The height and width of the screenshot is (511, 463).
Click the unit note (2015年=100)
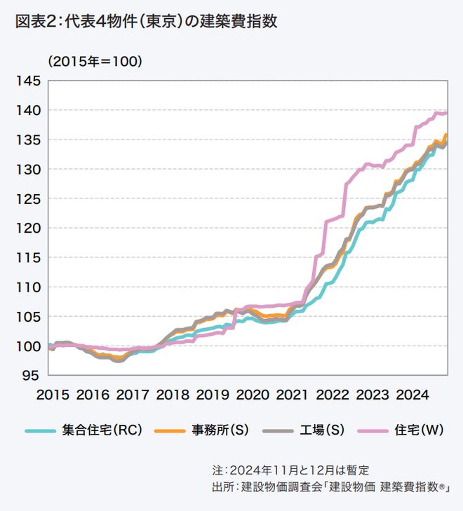pyautogui.click(x=95, y=62)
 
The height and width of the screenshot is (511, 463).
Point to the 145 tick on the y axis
pyautogui.click(x=29, y=81)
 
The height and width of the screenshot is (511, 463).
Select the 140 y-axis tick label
pyautogui.click(x=29, y=111)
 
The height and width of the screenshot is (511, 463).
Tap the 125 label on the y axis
pyautogui.click(x=29, y=199)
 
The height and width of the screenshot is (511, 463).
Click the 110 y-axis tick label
pyautogui.click(x=29, y=287)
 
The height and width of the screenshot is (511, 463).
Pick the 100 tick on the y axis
pyautogui.click(x=29, y=346)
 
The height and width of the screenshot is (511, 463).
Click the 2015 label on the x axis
pyautogui.click(x=53, y=395)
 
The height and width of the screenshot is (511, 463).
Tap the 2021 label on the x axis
pyautogui.click(x=288, y=395)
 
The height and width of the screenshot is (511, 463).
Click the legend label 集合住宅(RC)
pyautogui.click(x=102, y=430)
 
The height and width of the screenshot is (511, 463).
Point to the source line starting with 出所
pyautogui.click(x=330, y=486)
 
